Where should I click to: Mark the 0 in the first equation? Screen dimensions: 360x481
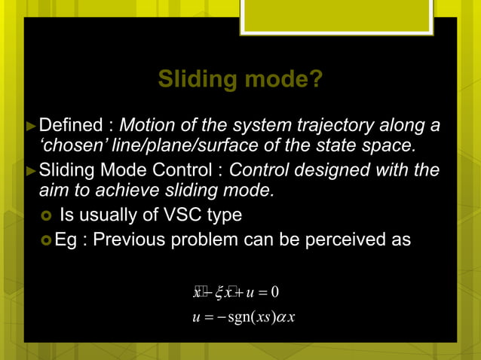276,292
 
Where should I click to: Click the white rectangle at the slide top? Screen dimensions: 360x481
336,17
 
